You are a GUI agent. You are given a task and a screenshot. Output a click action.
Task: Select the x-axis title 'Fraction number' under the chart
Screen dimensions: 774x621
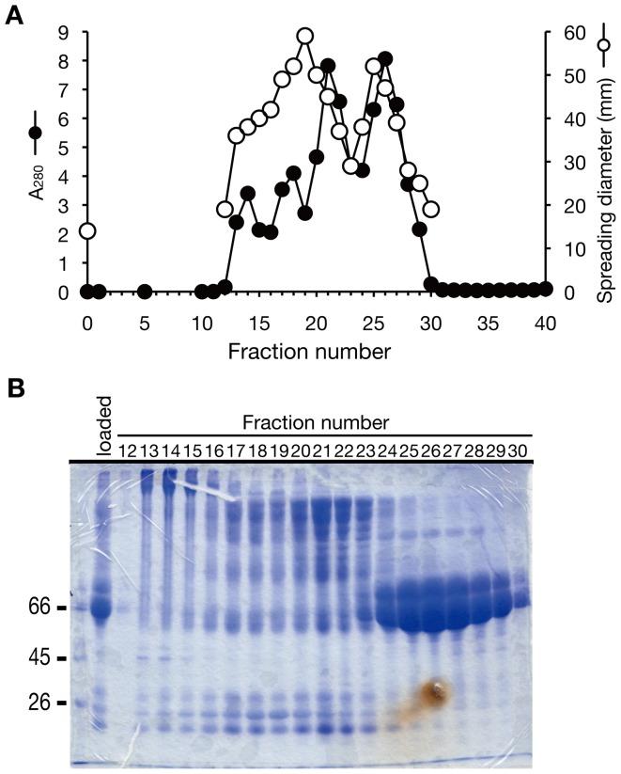316,355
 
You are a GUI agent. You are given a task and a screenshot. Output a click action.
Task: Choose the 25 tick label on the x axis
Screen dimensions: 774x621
373,323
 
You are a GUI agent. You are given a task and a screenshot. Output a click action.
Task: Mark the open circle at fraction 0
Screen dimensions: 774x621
87,230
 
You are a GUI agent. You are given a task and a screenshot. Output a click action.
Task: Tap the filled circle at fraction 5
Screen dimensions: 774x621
145,292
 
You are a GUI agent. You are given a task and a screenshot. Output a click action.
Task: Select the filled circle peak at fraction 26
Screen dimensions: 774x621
384,59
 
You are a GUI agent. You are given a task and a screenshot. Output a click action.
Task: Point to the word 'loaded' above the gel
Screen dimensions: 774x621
103,434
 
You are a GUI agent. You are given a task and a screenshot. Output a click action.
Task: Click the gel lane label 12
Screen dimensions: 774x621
128,451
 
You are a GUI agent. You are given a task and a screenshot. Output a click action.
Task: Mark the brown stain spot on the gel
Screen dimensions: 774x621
433,694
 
